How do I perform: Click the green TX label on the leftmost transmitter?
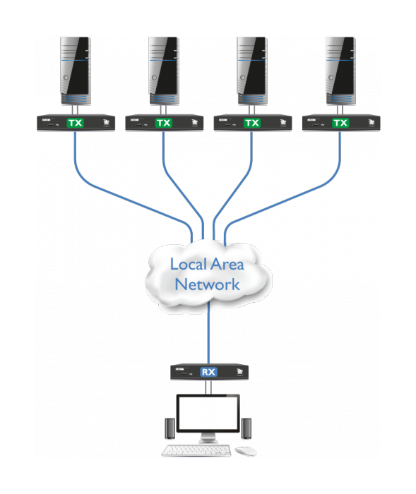(75, 123)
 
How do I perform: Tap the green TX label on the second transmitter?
(164, 123)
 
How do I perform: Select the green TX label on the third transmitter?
(252, 123)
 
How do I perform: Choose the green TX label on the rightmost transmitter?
(340, 123)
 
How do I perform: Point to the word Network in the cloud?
(208, 284)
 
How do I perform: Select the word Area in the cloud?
(227, 265)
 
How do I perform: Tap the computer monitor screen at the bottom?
(208, 416)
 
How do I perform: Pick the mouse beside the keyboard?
(245, 450)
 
